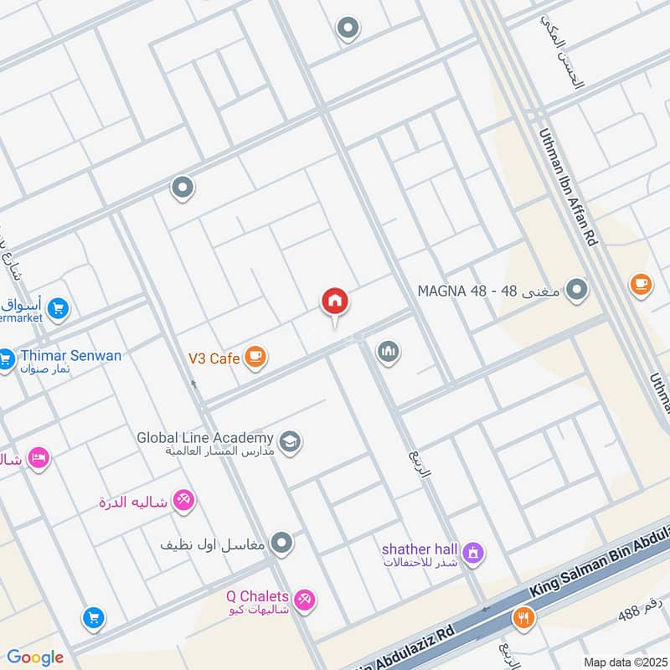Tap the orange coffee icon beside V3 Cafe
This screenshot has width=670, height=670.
coord(256,358)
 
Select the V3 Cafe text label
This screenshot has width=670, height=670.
coord(214,358)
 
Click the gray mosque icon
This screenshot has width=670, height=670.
coord(387,352)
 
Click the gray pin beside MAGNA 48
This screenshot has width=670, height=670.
coord(576,291)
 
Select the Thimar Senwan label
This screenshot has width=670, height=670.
coord(70,356)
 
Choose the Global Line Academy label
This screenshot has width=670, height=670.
coord(206,438)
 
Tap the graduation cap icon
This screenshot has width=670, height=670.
coord(290,441)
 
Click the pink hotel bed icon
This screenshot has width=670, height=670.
coord(39,458)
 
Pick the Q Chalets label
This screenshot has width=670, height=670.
coord(257,596)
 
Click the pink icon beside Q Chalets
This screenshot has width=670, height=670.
coord(305,600)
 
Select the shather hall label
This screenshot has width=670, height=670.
coord(420,549)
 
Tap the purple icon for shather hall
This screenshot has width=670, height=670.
coord(473,554)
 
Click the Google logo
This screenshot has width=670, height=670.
coord(35,657)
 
